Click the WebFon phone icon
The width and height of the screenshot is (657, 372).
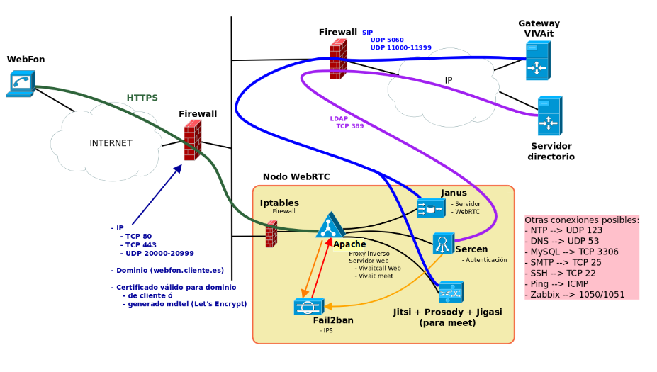(x=21, y=84)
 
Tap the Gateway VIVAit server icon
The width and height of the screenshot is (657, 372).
(x=538, y=61)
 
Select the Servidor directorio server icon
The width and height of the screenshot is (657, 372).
(x=550, y=116)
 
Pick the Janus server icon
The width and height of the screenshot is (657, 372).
(x=431, y=208)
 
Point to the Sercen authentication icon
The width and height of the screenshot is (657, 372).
(x=443, y=243)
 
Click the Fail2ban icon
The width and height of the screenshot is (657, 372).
(x=309, y=307)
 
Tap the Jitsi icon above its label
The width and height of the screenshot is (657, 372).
(x=451, y=292)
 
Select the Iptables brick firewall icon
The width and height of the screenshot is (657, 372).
(x=271, y=234)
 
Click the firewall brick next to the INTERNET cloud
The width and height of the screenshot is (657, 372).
(x=193, y=140)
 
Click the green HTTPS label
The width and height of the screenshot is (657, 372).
(x=142, y=98)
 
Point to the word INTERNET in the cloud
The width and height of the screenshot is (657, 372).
(x=111, y=143)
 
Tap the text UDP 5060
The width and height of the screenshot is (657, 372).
(x=387, y=40)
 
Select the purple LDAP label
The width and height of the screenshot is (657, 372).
(x=339, y=118)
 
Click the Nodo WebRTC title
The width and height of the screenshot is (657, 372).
(x=296, y=176)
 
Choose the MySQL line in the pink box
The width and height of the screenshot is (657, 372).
(x=571, y=252)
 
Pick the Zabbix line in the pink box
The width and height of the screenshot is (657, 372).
(x=575, y=295)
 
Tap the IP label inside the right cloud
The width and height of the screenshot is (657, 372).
(x=449, y=80)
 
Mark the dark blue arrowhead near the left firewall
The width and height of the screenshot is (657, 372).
(x=178, y=169)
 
